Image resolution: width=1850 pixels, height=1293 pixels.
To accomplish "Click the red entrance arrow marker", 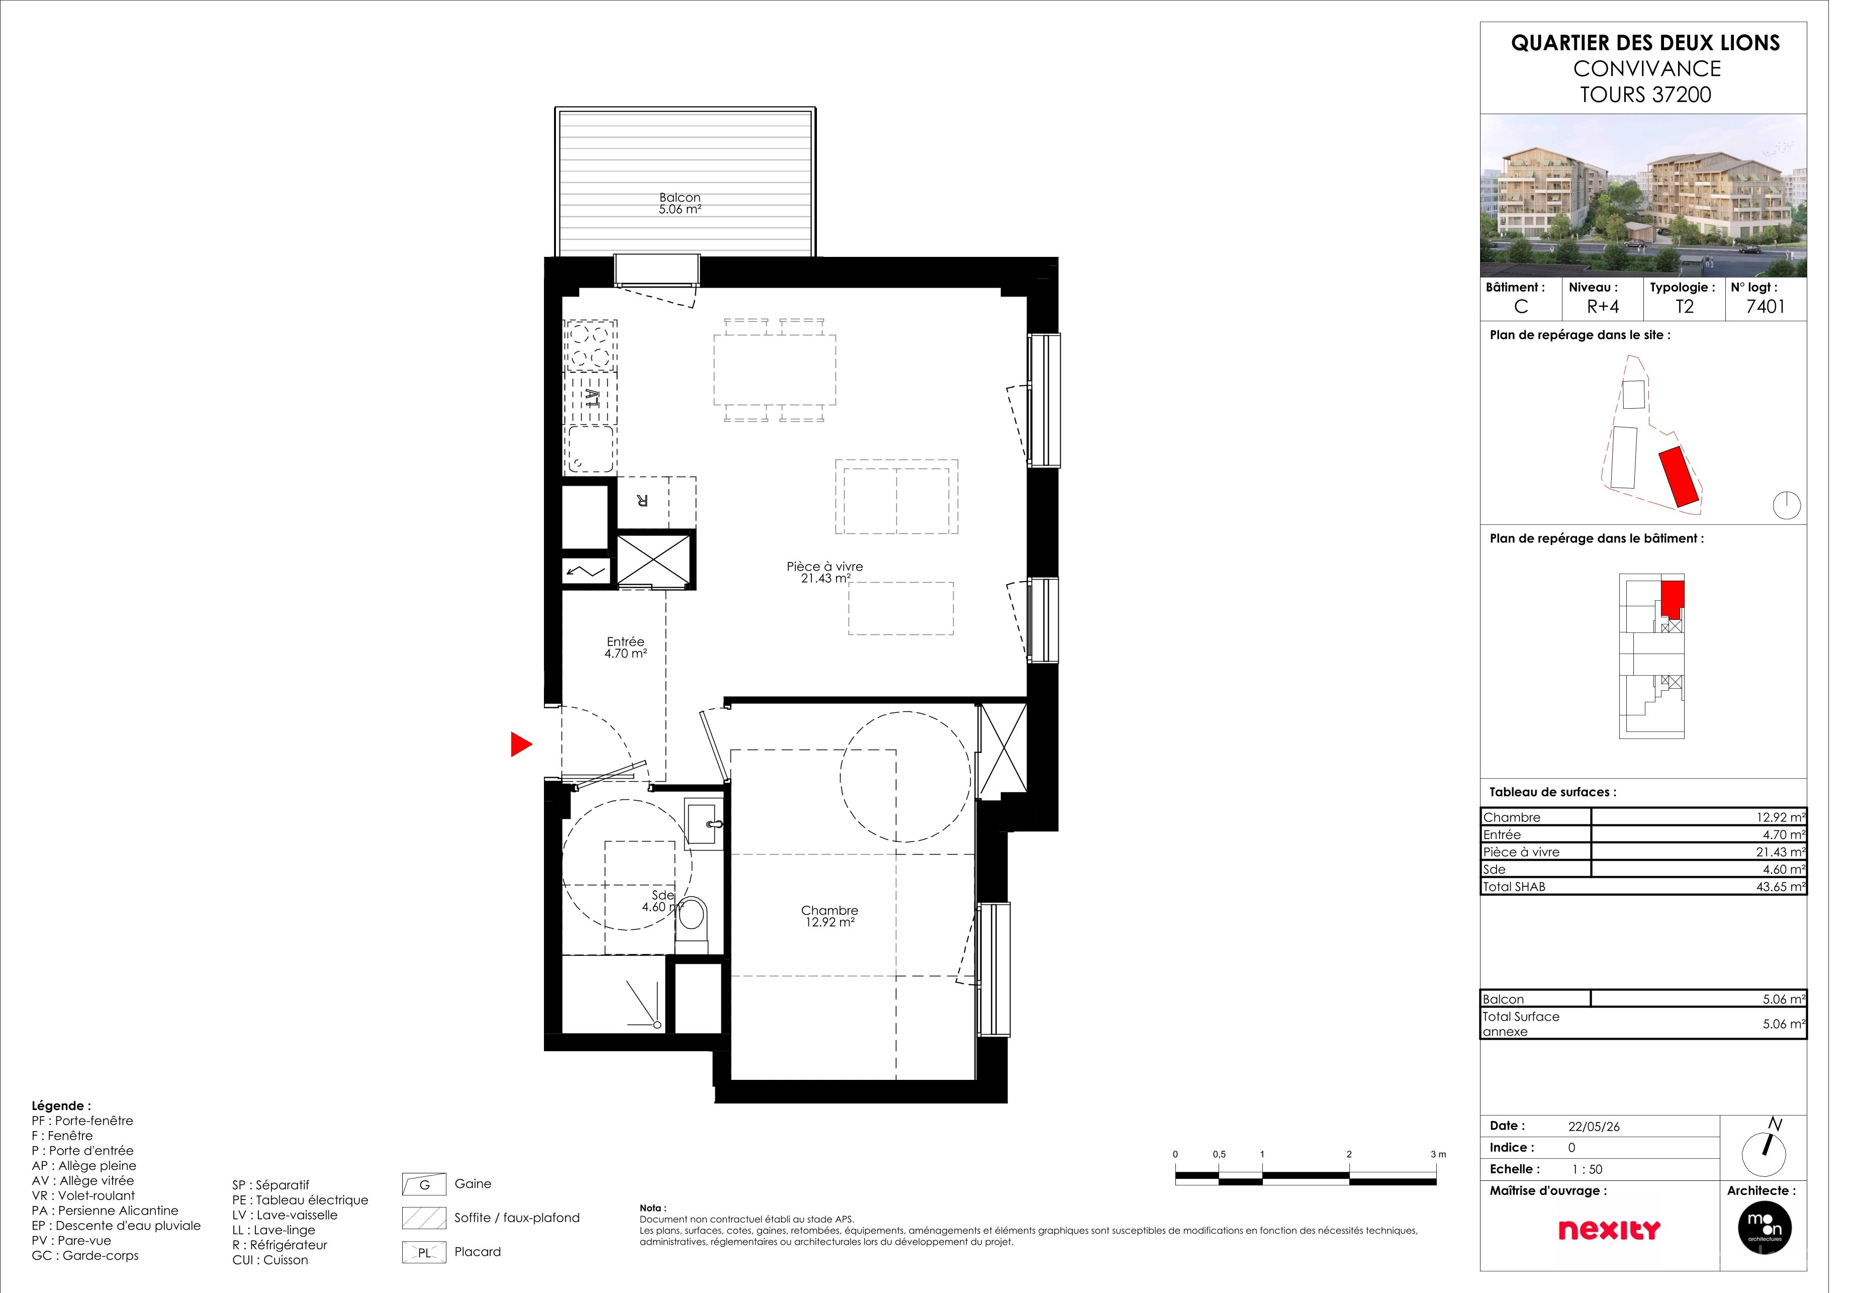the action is [526, 753].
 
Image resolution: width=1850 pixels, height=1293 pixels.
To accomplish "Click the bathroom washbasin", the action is [711, 832].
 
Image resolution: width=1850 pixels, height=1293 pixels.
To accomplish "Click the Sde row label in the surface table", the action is [1511, 879].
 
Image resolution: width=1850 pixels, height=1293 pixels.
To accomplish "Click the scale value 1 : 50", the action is [1605, 1182].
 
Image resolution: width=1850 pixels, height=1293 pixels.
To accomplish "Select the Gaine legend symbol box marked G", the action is [429, 1197].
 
